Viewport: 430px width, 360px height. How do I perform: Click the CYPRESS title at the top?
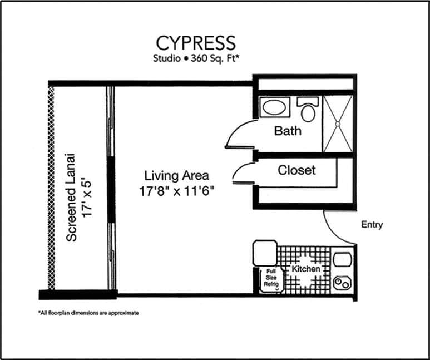tap(196, 43)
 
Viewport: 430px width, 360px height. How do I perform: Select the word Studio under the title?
tap(167, 58)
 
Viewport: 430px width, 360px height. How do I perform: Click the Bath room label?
tap(288, 131)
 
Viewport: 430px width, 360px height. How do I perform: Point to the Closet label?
tap(296, 170)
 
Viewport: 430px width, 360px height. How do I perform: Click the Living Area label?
tap(176, 176)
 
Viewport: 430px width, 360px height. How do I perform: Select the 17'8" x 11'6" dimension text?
tap(176, 191)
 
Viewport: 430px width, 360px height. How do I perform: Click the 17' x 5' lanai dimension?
tap(87, 199)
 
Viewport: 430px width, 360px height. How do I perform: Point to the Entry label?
tap(372, 225)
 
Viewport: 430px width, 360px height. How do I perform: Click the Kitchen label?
tap(306, 269)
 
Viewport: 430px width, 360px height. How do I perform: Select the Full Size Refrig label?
tap(271, 278)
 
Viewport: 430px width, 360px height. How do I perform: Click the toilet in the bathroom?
tap(308, 109)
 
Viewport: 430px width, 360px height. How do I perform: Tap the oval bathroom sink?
tap(274, 107)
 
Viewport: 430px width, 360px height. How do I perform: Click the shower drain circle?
tap(338, 124)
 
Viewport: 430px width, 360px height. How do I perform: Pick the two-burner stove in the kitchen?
tap(342, 282)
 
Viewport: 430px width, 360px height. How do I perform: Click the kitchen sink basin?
tap(343, 260)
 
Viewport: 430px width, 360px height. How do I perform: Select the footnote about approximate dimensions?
tap(88, 313)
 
